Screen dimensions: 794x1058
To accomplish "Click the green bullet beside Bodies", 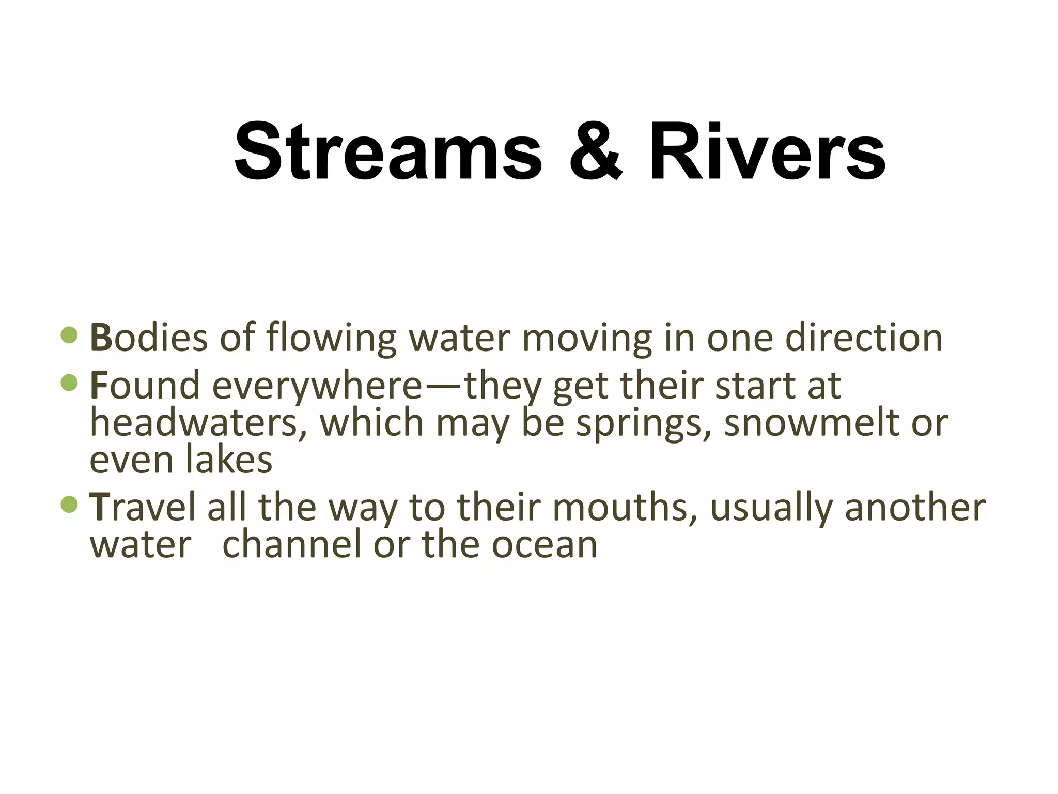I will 69,335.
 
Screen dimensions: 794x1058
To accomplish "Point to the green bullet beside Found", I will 69,383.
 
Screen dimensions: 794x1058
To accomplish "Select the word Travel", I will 143,507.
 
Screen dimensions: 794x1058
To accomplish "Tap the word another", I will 915,507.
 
